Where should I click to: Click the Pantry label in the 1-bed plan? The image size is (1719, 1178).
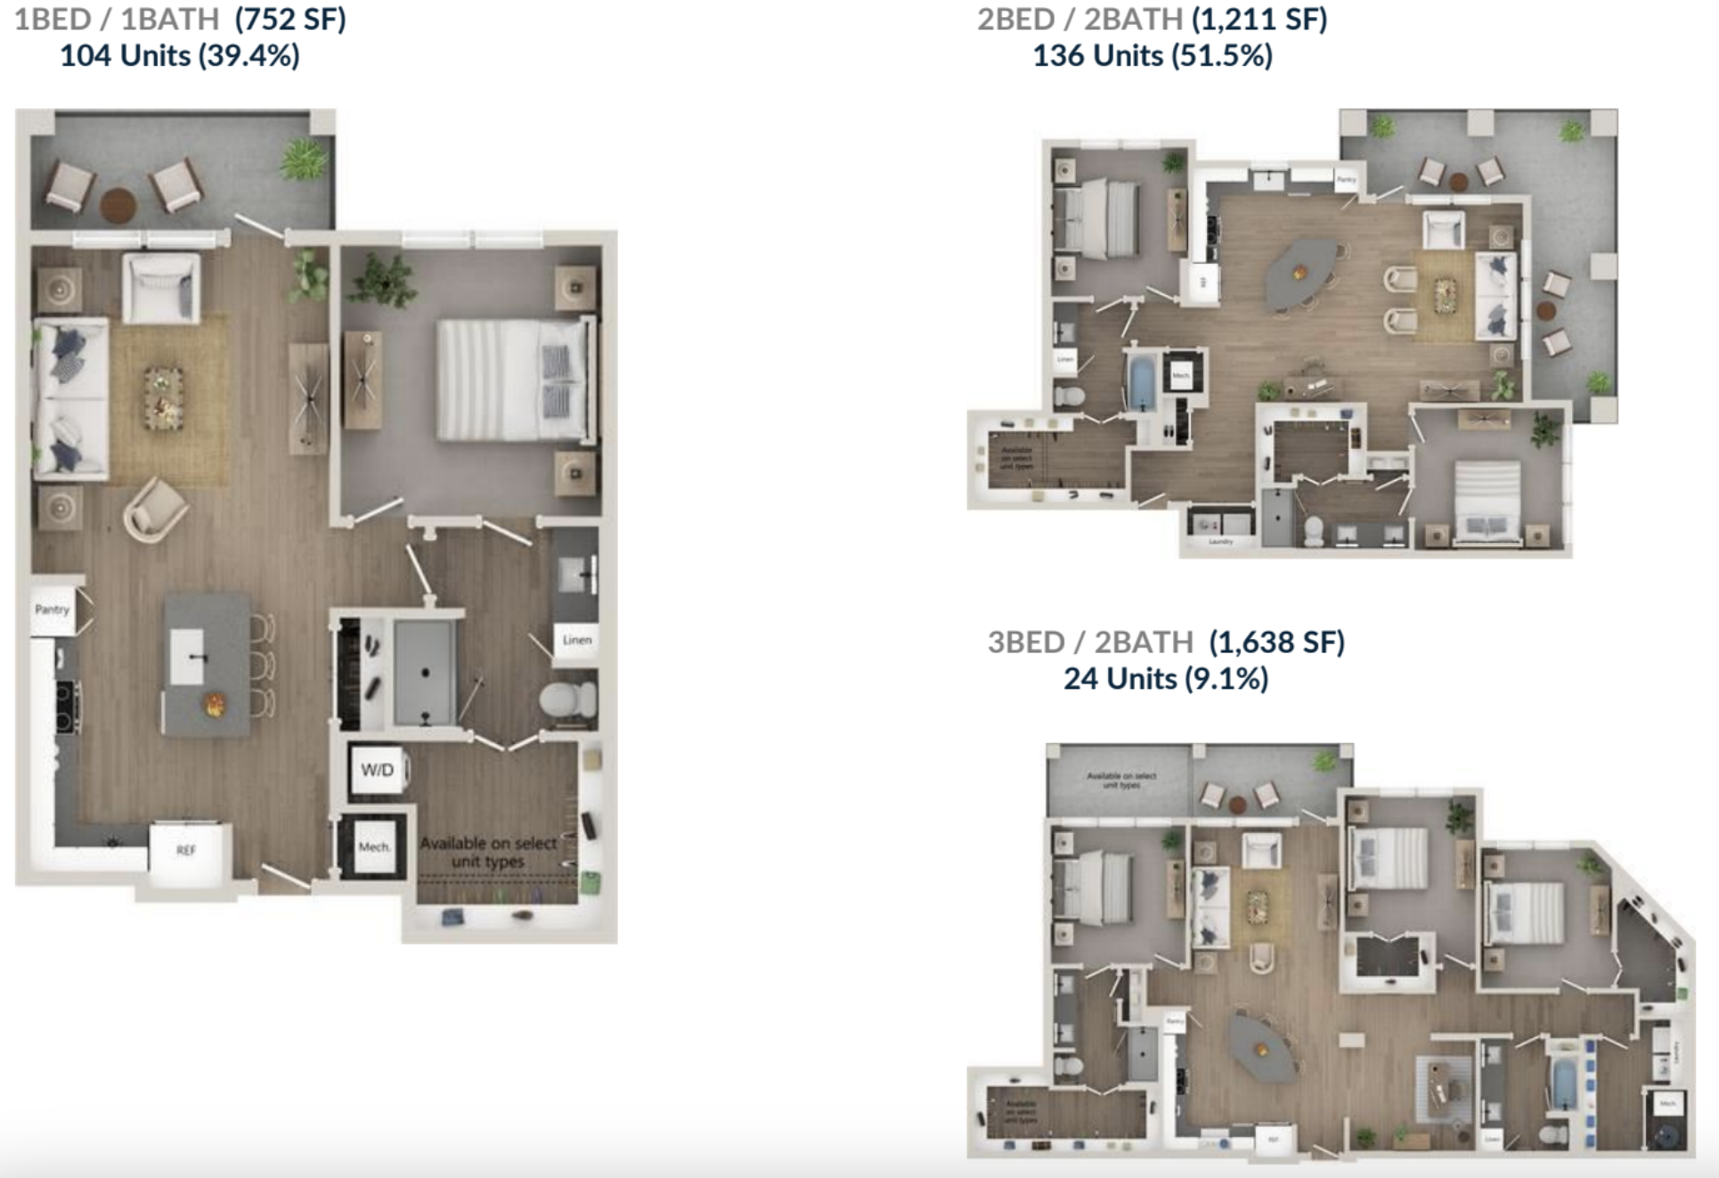[x=52, y=609]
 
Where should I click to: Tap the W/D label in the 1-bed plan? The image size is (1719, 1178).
[x=377, y=770]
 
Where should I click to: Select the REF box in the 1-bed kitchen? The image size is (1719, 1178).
[x=186, y=850]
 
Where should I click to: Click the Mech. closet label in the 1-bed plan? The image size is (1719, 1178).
[x=374, y=847]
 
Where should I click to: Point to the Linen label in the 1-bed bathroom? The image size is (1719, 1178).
[x=576, y=640]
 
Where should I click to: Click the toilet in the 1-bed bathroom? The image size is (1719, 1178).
[x=568, y=700]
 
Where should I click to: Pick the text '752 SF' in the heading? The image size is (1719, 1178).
[x=290, y=19]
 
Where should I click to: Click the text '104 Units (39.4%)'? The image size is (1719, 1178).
[x=179, y=56]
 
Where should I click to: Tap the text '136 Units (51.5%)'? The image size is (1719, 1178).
[x=1152, y=56]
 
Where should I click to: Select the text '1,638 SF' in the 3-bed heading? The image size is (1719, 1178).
[x=1276, y=642]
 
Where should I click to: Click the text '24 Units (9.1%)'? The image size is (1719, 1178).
[x=1165, y=679]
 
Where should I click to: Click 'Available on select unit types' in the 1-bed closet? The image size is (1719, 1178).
[x=488, y=852]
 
